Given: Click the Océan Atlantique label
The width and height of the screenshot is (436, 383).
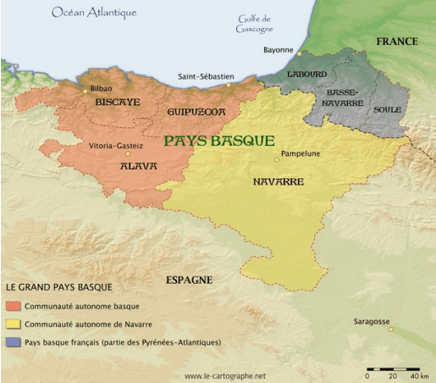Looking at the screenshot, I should click(x=94, y=13).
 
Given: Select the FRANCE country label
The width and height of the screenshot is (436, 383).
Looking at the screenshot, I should click(x=396, y=42).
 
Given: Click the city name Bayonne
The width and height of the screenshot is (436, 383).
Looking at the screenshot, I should click(x=278, y=50).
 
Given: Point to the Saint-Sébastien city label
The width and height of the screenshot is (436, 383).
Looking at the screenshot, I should click(x=205, y=76).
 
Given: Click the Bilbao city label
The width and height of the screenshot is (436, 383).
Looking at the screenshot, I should click(x=99, y=88).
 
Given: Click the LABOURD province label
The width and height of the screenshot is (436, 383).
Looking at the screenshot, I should click(x=306, y=75).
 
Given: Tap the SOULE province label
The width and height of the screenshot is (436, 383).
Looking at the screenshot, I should click(x=387, y=109).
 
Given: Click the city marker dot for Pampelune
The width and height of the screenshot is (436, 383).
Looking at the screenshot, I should click(x=276, y=158).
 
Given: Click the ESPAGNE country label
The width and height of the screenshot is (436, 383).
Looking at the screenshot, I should click(x=189, y=280).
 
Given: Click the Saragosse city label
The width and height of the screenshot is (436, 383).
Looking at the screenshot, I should click(x=372, y=322).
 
